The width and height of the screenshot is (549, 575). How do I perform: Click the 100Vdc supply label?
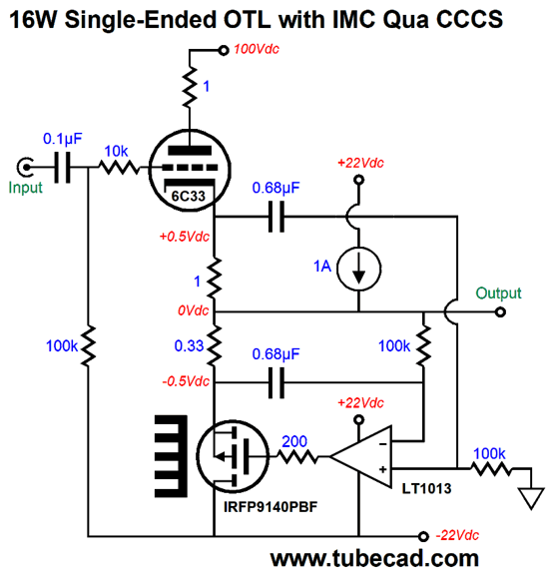pyautogui.click(x=257, y=49)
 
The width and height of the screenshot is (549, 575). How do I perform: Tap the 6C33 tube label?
pyautogui.click(x=188, y=197)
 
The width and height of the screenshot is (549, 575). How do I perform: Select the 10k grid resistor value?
pyautogui.click(x=116, y=151)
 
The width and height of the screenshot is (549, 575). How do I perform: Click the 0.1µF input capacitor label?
pyautogui.click(x=62, y=139)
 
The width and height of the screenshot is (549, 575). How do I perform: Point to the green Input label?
pyautogui.click(x=25, y=188)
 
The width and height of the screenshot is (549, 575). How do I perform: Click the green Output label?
pyautogui.click(x=498, y=293)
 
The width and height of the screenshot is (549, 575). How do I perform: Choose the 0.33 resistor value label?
pyautogui.click(x=189, y=345)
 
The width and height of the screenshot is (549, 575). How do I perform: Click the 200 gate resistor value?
pyautogui.click(x=294, y=441)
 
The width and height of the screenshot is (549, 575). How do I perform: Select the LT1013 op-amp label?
pyautogui.click(x=426, y=488)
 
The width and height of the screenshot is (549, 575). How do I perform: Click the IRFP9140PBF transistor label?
pyautogui.click(x=271, y=507)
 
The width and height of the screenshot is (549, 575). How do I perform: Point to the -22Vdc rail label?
pyautogui.click(x=457, y=535)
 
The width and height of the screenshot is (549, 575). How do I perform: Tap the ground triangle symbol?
pyautogui.click(x=531, y=497)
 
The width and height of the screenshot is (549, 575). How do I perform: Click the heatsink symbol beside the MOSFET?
pyautogui.click(x=171, y=456)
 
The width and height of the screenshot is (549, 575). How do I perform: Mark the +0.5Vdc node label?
pyautogui.click(x=184, y=237)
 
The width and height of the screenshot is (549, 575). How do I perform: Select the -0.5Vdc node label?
pyautogui.click(x=186, y=381)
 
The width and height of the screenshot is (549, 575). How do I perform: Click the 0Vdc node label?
pyautogui.click(x=194, y=310)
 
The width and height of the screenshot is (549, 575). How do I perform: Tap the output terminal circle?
pyautogui.click(x=500, y=312)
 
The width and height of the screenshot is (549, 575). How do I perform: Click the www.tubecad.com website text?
pyautogui.click(x=374, y=558)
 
